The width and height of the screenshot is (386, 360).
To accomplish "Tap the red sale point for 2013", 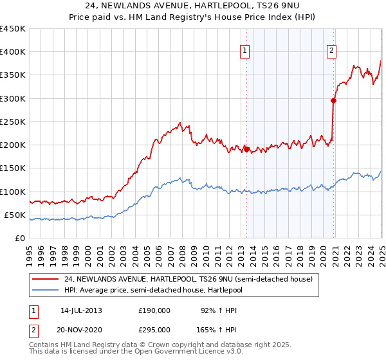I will click(x=246, y=149).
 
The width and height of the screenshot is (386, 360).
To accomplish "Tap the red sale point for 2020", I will click(x=334, y=100).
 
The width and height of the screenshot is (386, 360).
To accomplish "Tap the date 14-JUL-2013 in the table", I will click(x=81, y=310).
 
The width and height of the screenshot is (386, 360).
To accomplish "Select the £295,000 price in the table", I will click(x=154, y=329).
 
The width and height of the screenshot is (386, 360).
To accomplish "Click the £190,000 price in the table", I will click(x=154, y=310).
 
